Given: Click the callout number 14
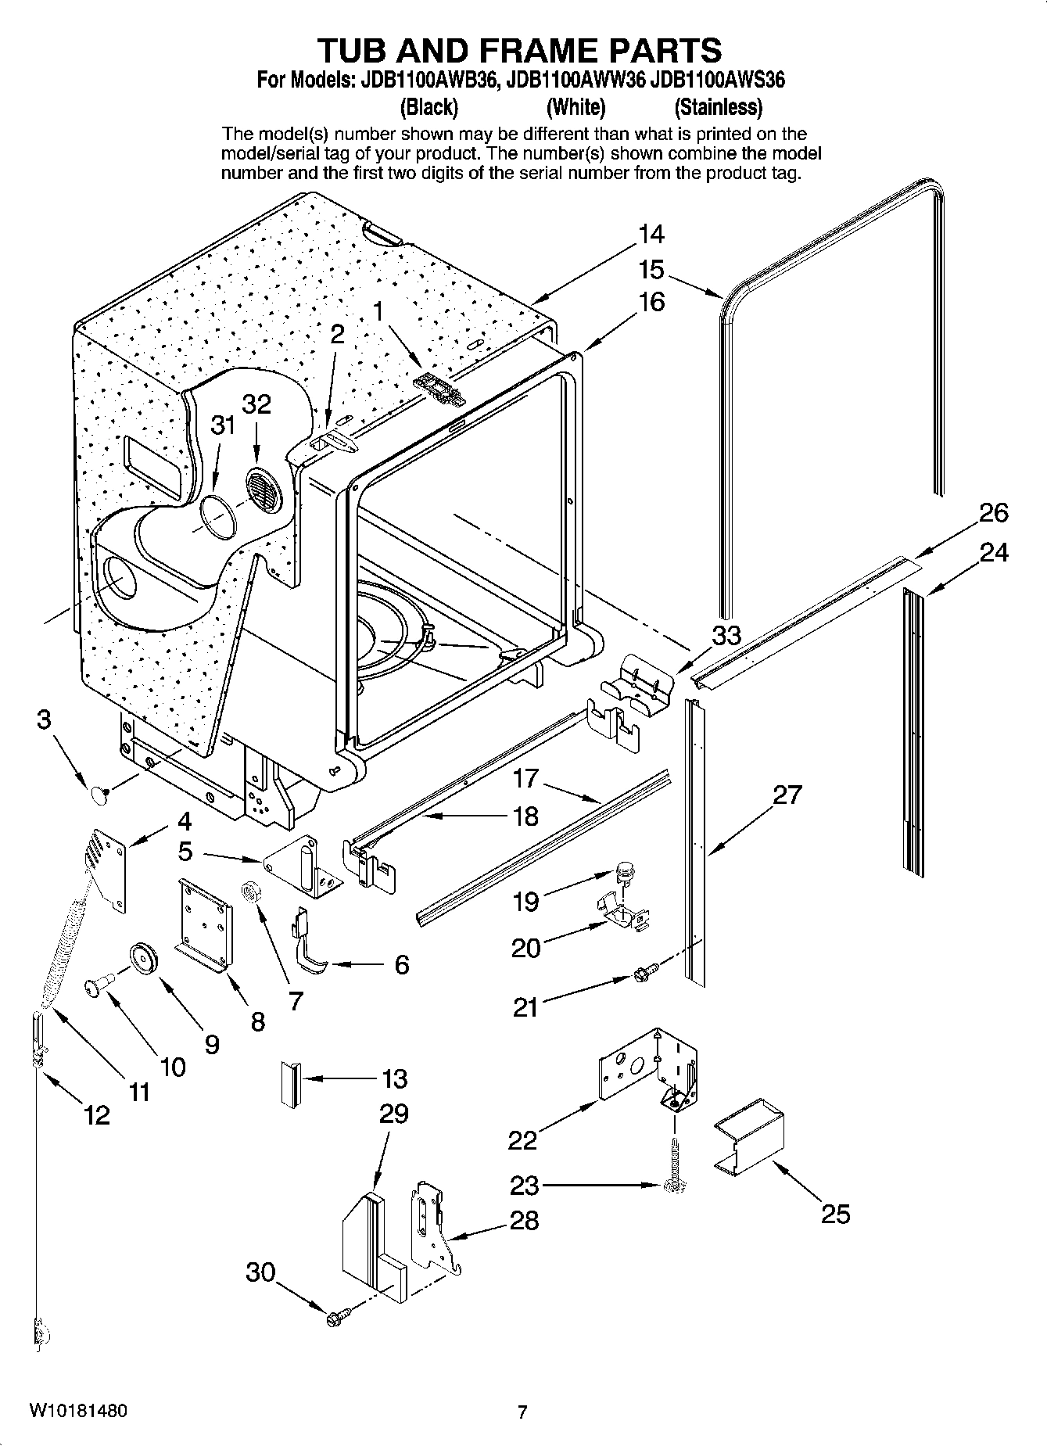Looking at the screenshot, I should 651,234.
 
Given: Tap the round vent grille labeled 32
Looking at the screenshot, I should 263,493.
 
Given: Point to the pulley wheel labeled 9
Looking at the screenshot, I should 143,959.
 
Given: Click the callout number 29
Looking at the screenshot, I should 394,1113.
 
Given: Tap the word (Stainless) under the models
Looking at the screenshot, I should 718,106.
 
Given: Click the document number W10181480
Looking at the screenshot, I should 78,1411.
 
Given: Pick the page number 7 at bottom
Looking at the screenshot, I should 522,1412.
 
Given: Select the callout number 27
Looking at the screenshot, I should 787,795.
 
